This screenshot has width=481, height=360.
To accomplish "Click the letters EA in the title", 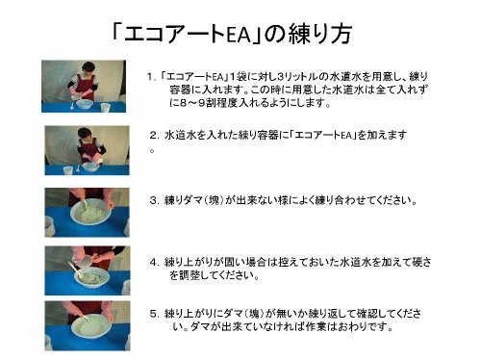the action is pos(238,35).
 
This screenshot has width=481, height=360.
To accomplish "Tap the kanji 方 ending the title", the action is pos(340,34).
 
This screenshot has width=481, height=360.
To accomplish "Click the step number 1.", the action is pos(149,77).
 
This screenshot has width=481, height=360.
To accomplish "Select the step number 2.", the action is pos(153,135).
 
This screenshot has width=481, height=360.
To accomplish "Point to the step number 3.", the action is pos(153,200).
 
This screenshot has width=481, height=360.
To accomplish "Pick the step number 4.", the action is pos(153,262).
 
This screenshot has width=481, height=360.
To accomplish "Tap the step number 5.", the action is pos(153,313).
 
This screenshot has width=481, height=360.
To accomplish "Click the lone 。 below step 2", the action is pos(152,150).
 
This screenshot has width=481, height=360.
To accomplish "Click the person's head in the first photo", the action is pos(89,68).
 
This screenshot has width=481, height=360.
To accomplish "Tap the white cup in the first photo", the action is pos(106,107).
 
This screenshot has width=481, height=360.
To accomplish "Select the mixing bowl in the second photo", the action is pos(90,167).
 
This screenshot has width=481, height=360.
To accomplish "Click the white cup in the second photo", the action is pos(67,170).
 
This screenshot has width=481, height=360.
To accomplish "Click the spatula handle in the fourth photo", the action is pos(74,269).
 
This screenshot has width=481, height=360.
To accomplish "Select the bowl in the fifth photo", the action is pos(91,325).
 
